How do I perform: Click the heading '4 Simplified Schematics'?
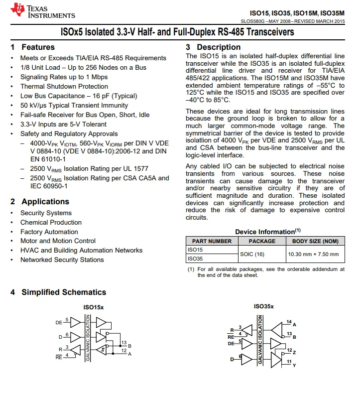coord(58,292)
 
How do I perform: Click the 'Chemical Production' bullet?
coord(51,222)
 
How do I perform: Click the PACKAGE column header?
coord(262,241)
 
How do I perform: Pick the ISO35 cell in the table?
coord(195,259)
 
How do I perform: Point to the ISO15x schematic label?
coord(94,307)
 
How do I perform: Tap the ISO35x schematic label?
coord(263,306)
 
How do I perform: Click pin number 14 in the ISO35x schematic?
coord(289,322)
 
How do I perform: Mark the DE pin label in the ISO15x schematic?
coord(59,323)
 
